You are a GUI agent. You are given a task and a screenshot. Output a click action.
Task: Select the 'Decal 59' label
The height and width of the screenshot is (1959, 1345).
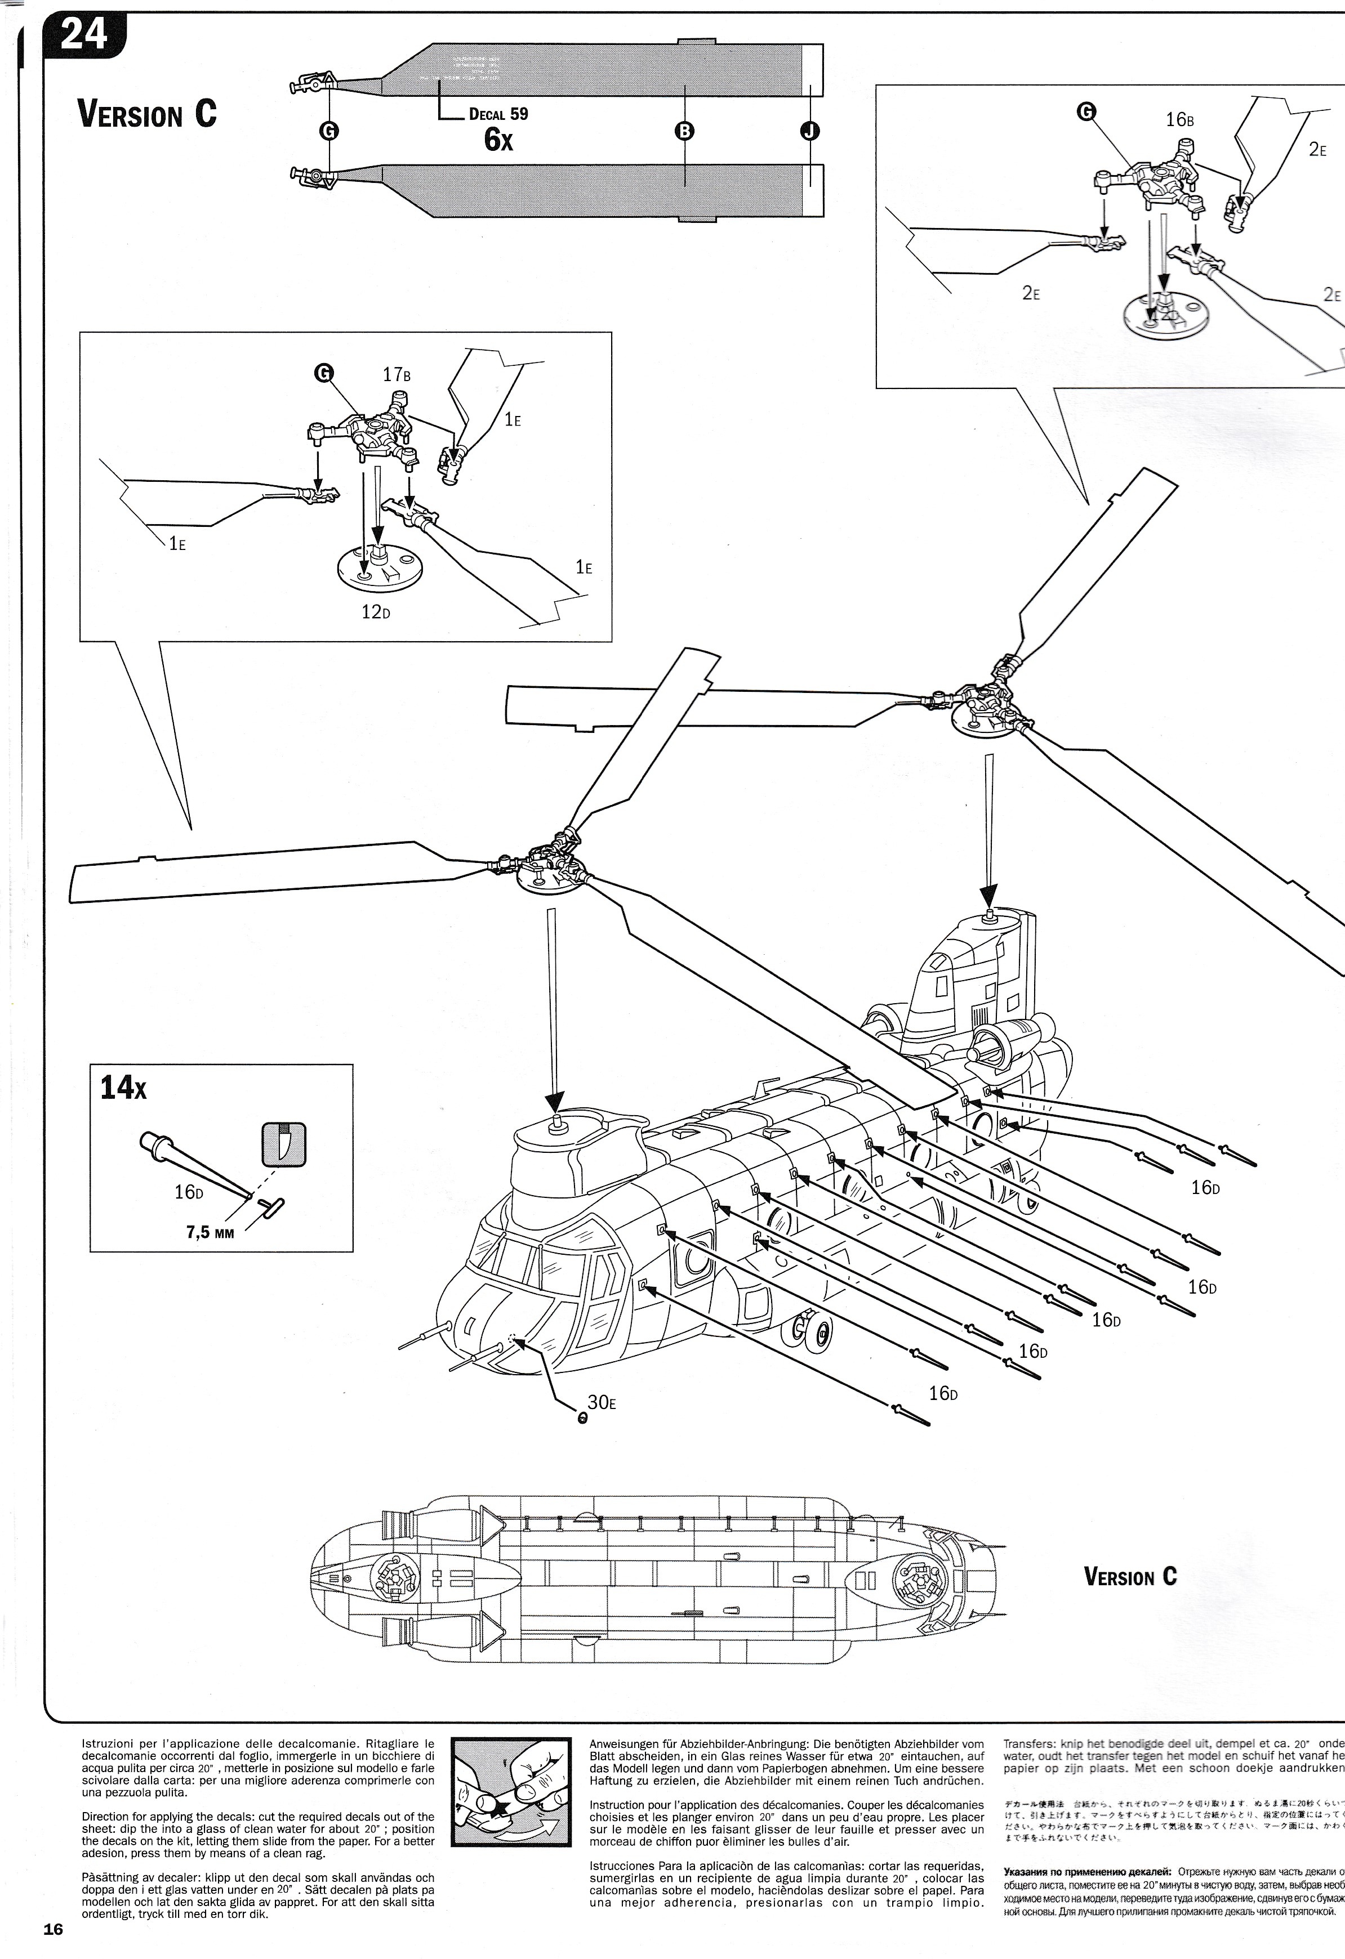click(x=498, y=114)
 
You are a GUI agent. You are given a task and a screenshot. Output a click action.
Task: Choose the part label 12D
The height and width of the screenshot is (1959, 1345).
click(x=375, y=612)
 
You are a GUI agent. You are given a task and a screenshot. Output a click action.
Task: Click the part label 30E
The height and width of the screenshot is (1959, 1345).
click(x=601, y=1402)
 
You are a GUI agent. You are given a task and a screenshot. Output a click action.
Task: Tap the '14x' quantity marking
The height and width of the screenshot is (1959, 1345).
click(x=123, y=1088)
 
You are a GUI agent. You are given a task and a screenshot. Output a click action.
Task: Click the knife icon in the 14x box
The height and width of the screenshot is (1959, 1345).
click(x=283, y=1144)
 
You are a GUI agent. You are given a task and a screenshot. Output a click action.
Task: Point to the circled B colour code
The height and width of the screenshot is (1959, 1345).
click(x=685, y=131)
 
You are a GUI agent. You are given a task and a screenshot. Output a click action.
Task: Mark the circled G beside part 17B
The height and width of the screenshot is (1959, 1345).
click(x=323, y=373)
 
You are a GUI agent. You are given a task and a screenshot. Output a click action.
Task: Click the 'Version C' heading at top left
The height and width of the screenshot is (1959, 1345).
click(x=147, y=113)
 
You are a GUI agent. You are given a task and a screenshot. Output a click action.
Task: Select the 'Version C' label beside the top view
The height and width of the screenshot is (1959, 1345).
click(x=1130, y=1593)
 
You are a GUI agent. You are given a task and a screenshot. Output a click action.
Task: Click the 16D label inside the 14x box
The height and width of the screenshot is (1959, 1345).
click(x=189, y=1192)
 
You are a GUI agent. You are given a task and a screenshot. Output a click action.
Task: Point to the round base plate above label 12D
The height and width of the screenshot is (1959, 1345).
click(x=380, y=570)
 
